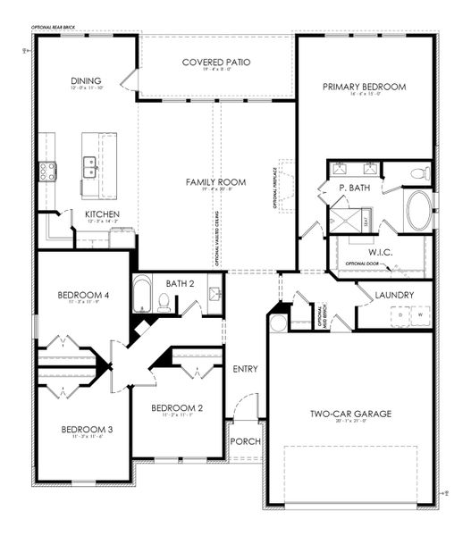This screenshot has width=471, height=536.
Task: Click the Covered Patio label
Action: pos(215,62)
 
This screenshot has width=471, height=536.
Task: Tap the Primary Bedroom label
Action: pos(365,87)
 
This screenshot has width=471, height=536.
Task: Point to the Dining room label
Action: pos(86,80)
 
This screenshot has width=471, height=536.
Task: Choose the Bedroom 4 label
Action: pos(84,296)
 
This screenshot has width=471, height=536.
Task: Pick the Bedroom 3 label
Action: pos(87,431)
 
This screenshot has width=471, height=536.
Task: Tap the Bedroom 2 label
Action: pos(176,408)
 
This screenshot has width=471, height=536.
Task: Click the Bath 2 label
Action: pos(180,283)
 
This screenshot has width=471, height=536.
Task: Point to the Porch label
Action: pos(243,442)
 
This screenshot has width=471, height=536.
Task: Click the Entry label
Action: pos(244,369)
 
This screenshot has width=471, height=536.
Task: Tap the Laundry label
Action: pos(394,295)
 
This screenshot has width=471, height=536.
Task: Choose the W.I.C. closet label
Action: pos(369,250)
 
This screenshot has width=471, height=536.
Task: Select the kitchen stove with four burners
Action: pos(46,170)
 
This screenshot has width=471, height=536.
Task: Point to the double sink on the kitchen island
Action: pos(89,166)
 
